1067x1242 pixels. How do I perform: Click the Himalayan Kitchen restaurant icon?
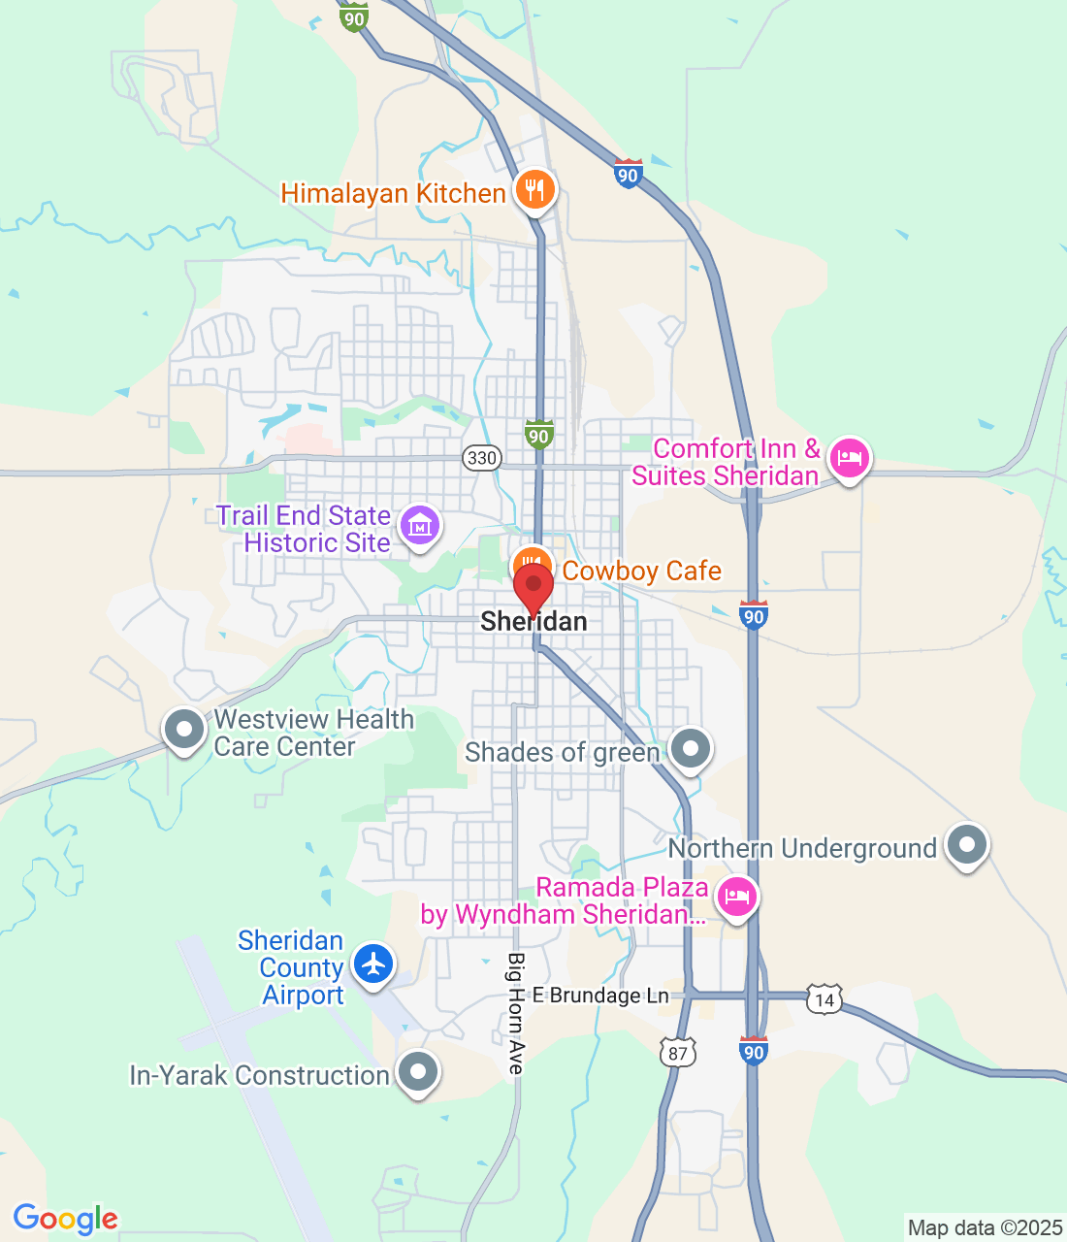pos(534,189)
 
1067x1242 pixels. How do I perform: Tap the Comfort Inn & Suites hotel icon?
pos(850,458)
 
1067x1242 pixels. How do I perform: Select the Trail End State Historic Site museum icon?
pos(420,526)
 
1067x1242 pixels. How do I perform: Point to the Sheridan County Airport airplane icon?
pos(373,964)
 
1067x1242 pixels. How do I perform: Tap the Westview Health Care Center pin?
pos(184,730)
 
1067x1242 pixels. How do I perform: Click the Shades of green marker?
pos(691,749)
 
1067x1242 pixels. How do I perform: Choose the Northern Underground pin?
pos(966,845)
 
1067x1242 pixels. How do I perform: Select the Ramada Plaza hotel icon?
pos(737,897)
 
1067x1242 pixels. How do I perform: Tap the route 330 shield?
pos(481,458)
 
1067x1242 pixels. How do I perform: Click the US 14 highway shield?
pos(824,999)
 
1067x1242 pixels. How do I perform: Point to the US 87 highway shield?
pos(678,1054)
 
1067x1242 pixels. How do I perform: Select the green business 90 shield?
pos(538,435)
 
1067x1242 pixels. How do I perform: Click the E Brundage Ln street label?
pos(600,996)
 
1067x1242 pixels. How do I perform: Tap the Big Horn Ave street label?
pos(516,1013)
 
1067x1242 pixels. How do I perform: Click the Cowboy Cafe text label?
pos(642,571)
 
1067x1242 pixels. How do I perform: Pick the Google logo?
pos(65,1219)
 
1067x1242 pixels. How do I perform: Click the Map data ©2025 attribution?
pos(985,1228)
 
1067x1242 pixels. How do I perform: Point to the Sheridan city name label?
pos(533,622)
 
